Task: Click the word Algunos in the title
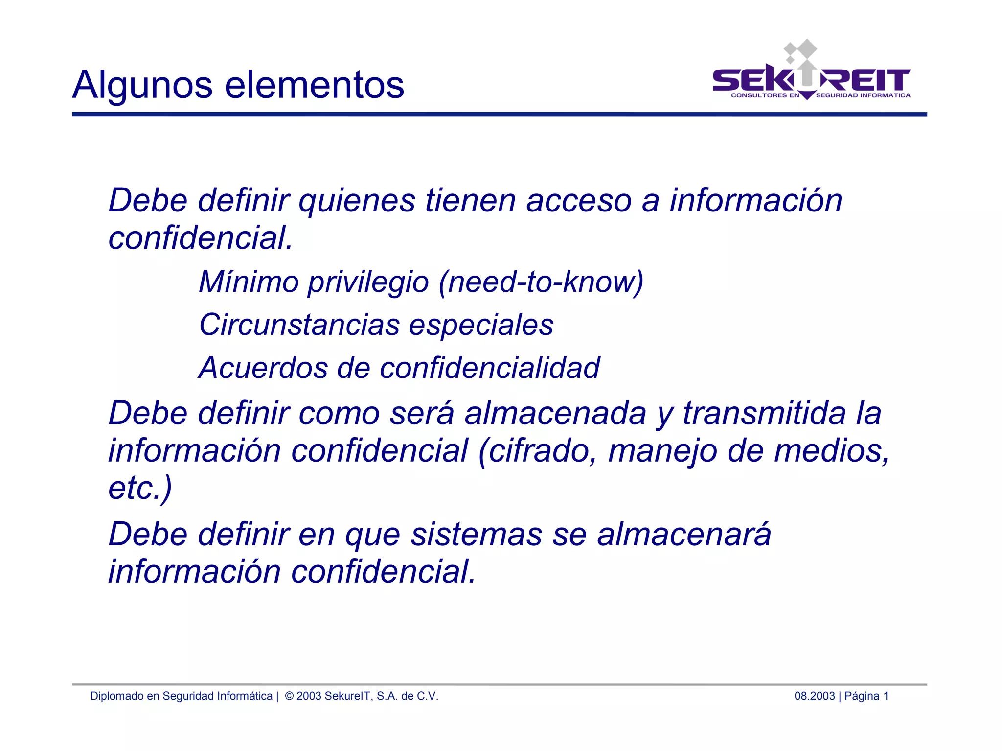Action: tap(142, 85)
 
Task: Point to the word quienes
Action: tap(357, 201)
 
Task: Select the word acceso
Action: tap(579, 201)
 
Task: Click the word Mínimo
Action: tap(249, 282)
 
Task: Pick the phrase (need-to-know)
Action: tap(541, 282)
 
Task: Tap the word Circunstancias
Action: tap(299, 325)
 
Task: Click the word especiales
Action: tap(481, 325)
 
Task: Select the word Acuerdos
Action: tap(263, 368)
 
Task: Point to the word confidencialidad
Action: tap(490, 368)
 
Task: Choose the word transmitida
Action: tap(764, 413)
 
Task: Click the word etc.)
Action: tap(140, 488)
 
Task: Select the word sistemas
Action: tap(476, 534)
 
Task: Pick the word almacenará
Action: tap(684, 534)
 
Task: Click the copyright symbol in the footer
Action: tap(289, 696)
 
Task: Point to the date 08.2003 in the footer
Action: tap(814, 696)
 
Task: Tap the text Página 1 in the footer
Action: tap(866, 696)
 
